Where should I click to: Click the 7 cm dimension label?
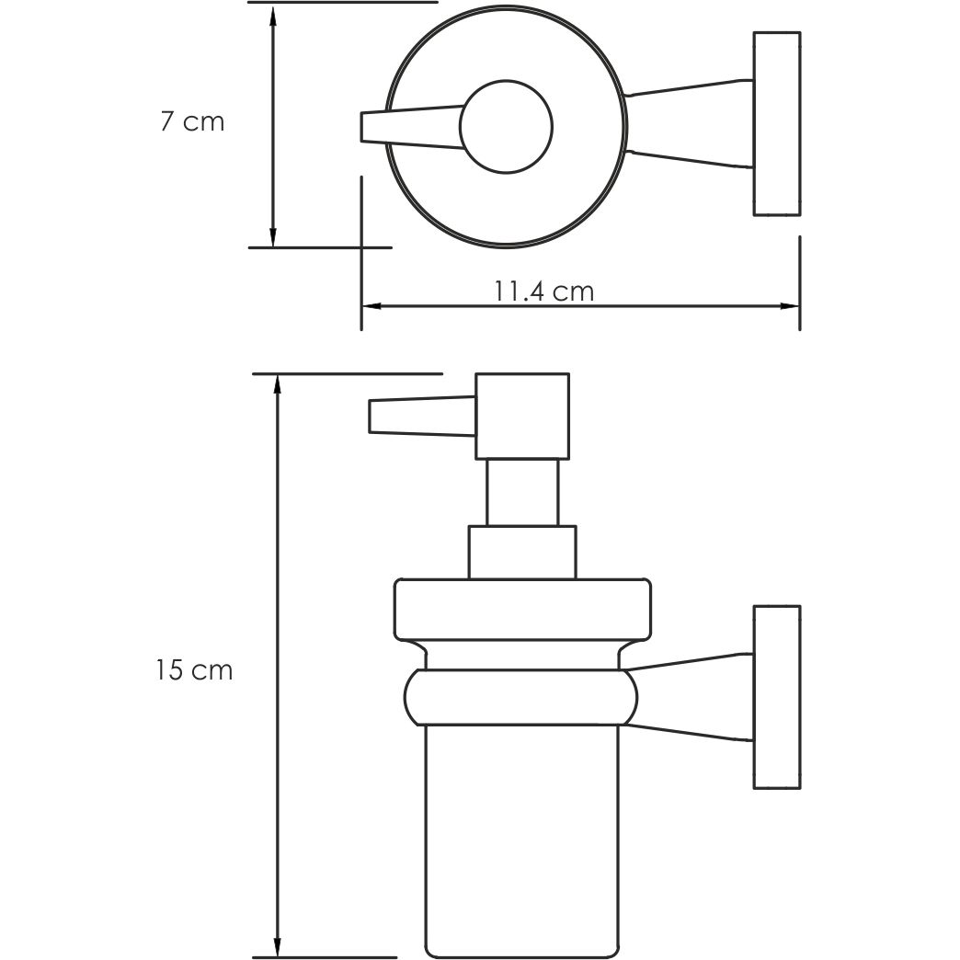coord(192,121)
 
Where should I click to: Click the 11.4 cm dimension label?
coord(543,291)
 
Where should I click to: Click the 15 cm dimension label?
coord(194,670)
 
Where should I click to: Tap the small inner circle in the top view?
coord(507,128)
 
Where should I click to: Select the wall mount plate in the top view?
coord(777,124)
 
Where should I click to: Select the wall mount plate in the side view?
coord(777,696)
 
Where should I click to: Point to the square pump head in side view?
coord(521,416)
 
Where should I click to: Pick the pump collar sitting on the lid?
coord(521,552)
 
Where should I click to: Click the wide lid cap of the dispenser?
coord(521,609)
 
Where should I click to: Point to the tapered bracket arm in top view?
coord(690,124)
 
